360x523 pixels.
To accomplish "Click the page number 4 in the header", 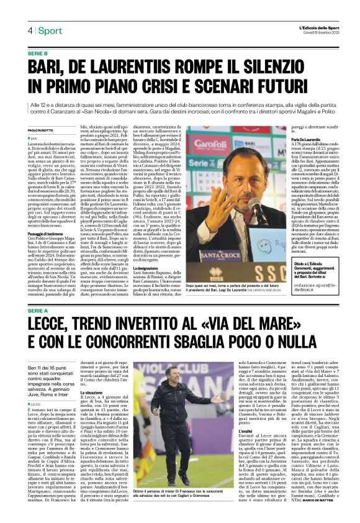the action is tap(30, 30).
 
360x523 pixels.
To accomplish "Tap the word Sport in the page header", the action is tap(50, 30).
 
